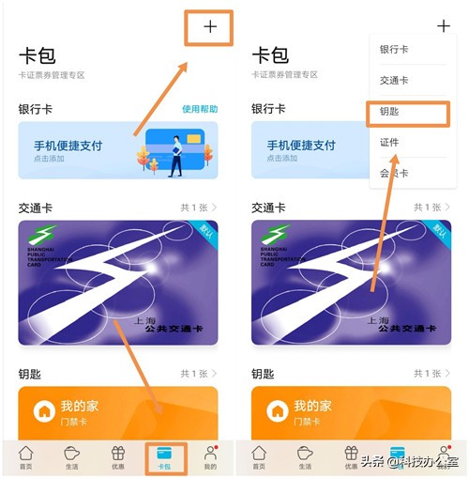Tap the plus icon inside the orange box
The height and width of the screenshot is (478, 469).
pyautogui.click(x=209, y=26)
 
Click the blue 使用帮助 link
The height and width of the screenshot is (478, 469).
pyautogui.click(x=199, y=110)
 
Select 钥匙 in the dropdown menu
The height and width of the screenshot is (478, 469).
pyautogui.click(x=393, y=112)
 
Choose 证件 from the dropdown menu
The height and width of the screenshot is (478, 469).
pyautogui.click(x=391, y=143)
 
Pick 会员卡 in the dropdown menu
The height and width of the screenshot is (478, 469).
pyautogui.click(x=394, y=174)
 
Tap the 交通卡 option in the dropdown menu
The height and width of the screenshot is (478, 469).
pyautogui.click(x=394, y=81)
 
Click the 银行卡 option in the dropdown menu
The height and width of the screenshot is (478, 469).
pyautogui.click(x=394, y=49)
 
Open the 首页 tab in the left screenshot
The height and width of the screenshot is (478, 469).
pyautogui.click(x=26, y=457)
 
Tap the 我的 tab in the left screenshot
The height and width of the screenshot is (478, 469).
pyautogui.click(x=210, y=457)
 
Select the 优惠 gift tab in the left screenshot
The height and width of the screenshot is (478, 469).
pyautogui.click(x=118, y=457)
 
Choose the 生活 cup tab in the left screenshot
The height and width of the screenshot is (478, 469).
pyautogui.click(x=72, y=457)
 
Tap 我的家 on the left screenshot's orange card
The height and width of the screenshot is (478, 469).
pyautogui.click(x=79, y=407)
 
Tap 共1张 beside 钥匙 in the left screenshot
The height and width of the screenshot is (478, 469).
pyautogui.click(x=197, y=373)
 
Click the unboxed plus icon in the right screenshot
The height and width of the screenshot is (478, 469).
pyautogui.click(x=443, y=26)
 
